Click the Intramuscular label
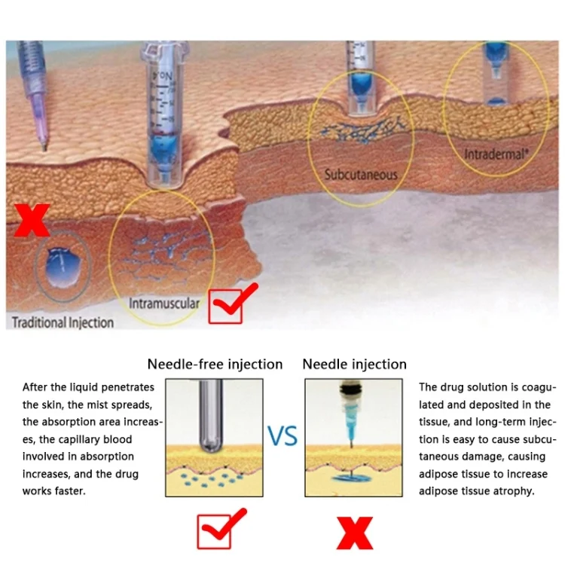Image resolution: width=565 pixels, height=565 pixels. [x=164, y=304]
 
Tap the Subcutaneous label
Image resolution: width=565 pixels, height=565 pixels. [x=361, y=175]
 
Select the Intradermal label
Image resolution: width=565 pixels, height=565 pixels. [x=496, y=154]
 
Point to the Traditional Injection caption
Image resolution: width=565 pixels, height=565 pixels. [x=63, y=322]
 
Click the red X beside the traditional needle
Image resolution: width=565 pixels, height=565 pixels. [x=32, y=221]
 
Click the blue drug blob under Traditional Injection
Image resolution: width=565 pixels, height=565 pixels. [x=63, y=267]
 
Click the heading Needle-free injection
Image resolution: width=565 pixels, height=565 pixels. [x=215, y=365]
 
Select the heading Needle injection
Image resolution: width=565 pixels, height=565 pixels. [x=355, y=365]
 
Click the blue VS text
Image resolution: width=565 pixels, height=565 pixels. [x=282, y=436]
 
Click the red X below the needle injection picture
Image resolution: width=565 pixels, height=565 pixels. [x=355, y=533]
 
